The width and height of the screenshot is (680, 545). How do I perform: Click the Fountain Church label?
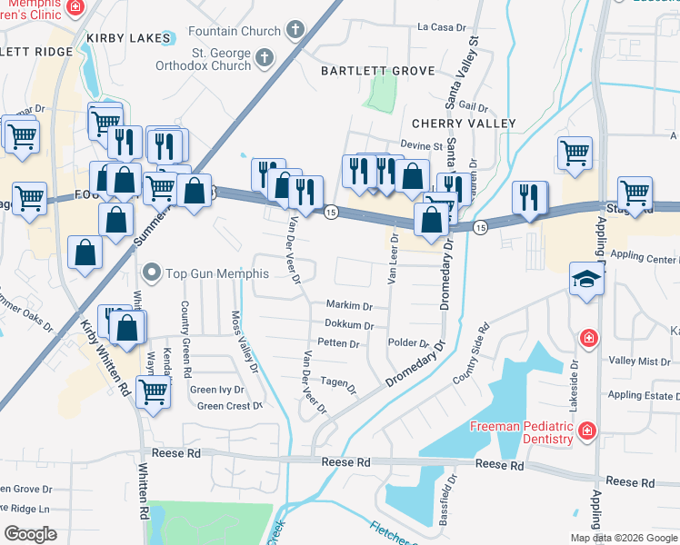(235, 32)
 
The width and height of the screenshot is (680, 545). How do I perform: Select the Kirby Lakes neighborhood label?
(129, 38)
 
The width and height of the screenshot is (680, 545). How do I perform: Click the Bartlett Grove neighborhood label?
(370, 71)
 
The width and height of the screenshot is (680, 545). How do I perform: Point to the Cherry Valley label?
(464, 124)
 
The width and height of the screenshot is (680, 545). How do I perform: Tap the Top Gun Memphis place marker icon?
(152, 272)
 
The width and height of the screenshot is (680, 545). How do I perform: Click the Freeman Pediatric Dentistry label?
(521, 433)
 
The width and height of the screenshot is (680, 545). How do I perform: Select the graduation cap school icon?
(587, 279)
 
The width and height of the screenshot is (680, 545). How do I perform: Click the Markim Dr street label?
(349, 306)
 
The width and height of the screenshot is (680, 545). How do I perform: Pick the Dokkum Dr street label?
(348, 324)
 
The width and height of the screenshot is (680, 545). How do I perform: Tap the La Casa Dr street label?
(440, 27)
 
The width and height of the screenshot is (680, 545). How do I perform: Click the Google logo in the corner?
(30, 534)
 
